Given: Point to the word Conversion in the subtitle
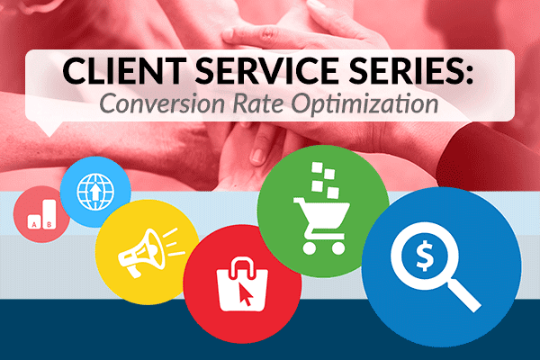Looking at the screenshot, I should click(x=158, y=103).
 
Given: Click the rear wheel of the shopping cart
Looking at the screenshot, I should click(x=310, y=247).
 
